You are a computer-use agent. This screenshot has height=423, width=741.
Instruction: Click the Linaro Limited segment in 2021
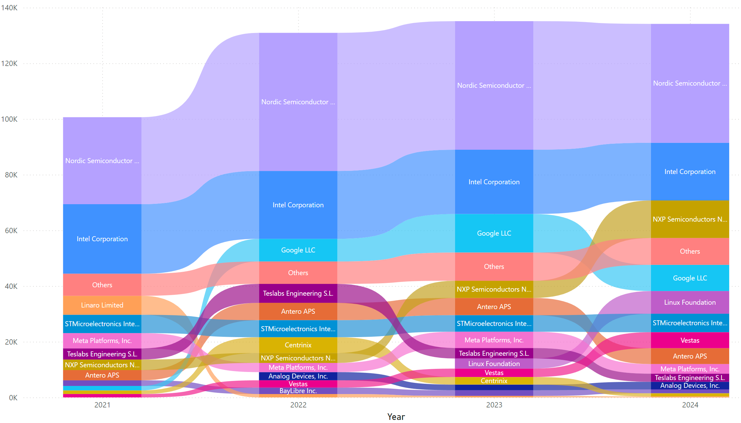point(102,305)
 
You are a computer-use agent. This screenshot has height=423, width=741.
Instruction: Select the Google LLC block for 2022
point(298,250)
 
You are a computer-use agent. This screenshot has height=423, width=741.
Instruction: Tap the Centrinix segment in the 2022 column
point(298,345)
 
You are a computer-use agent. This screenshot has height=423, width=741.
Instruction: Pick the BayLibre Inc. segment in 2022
point(298,391)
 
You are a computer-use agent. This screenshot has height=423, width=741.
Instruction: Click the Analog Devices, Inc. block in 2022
point(298,376)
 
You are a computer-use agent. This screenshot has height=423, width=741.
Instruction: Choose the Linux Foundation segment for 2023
point(494,364)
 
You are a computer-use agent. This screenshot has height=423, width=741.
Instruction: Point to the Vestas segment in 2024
point(690,340)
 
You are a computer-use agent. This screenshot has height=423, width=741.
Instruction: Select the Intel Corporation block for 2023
point(494,182)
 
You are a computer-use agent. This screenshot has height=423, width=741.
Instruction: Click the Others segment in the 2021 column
point(102,285)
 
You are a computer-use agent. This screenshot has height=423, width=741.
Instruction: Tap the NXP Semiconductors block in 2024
point(690,219)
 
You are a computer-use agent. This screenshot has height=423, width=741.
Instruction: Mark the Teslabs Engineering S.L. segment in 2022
point(298,293)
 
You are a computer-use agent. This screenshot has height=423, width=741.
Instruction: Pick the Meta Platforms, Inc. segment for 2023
point(494,340)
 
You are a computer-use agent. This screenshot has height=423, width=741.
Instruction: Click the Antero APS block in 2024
point(690,356)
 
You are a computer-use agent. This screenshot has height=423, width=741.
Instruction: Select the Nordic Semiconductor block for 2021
point(102,161)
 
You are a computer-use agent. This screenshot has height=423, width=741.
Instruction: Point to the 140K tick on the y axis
point(9,8)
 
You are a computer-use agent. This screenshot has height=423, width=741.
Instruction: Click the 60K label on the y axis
point(11,231)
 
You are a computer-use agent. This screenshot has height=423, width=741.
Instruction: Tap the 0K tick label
point(13,398)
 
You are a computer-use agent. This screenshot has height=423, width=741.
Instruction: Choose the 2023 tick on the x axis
point(494,405)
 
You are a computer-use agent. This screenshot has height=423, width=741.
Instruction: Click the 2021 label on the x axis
point(102,405)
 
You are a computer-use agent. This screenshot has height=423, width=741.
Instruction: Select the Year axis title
point(396,417)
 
